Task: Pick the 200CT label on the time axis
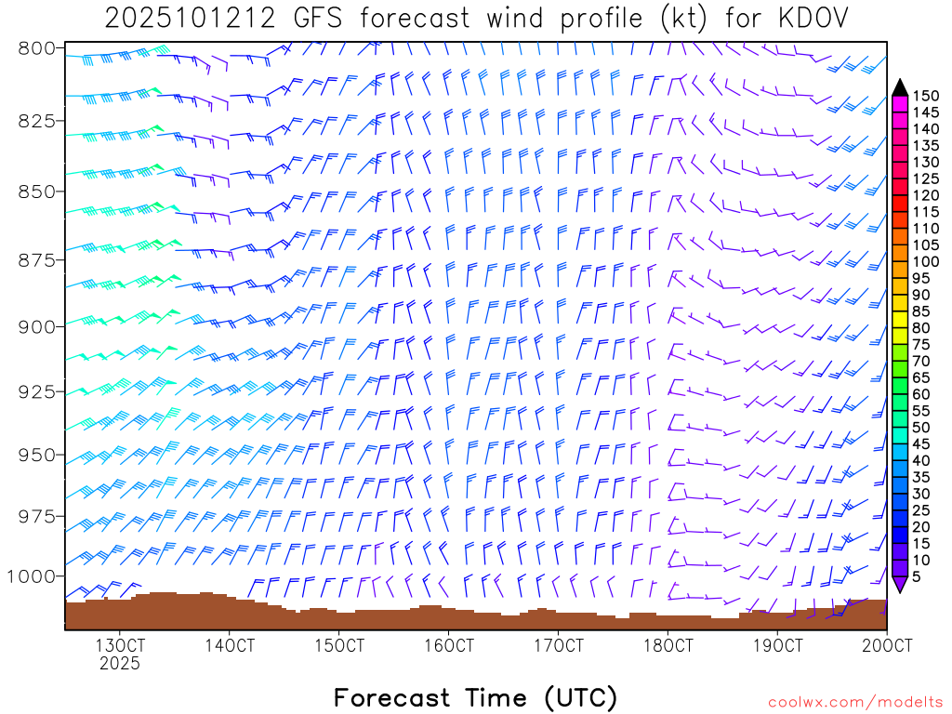(x=886, y=645)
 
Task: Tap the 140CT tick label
(x=229, y=645)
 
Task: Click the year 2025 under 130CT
(x=119, y=664)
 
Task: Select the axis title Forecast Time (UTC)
(x=475, y=697)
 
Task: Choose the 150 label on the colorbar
(x=925, y=95)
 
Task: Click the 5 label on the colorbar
(x=917, y=576)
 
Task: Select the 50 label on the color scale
(x=920, y=427)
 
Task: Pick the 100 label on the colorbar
(x=925, y=261)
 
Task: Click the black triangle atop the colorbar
(x=900, y=87)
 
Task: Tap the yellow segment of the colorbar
(x=900, y=319)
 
